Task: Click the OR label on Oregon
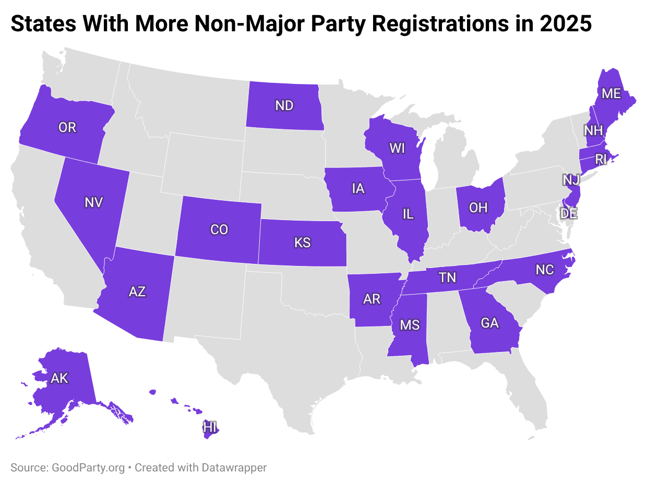[x=67, y=127]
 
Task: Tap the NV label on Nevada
[x=94, y=202]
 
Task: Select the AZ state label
[x=137, y=292]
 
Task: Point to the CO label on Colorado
[x=219, y=229]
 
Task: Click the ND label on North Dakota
[x=284, y=106]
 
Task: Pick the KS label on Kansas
[x=302, y=242]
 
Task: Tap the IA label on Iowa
[x=358, y=188]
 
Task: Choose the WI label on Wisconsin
[x=397, y=148]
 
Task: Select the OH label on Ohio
[x=478, y=208]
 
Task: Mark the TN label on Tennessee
[x=447, y=277]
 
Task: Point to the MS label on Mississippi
[x=410, y=325]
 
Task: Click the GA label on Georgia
[x=490, y=323]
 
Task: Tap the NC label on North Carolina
[x=545, y=270]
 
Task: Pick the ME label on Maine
[x=611, y=93]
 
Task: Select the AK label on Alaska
[x=59, y=378]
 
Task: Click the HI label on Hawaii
[x=210, y=428]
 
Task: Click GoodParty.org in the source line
[x=88, y=468]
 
